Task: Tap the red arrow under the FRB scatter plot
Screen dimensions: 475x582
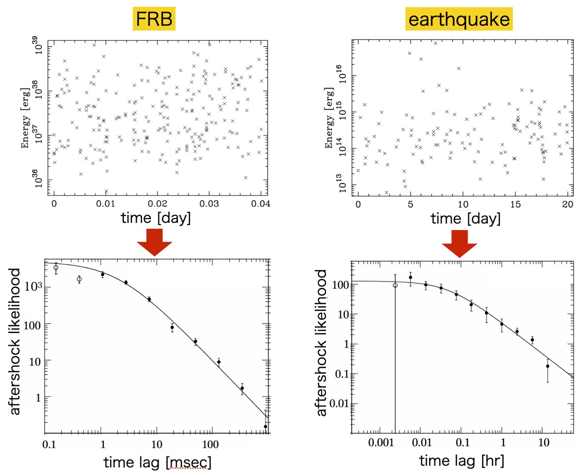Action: coord(154,242)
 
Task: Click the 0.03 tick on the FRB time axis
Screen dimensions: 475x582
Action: coord(209,203)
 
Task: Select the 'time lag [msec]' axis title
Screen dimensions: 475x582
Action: coord(157,462)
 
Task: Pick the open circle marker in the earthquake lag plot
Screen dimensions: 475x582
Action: coord(395,285)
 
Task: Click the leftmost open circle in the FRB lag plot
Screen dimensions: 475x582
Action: coord(56,268)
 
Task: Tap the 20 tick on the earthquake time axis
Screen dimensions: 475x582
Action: coord(566,203)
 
